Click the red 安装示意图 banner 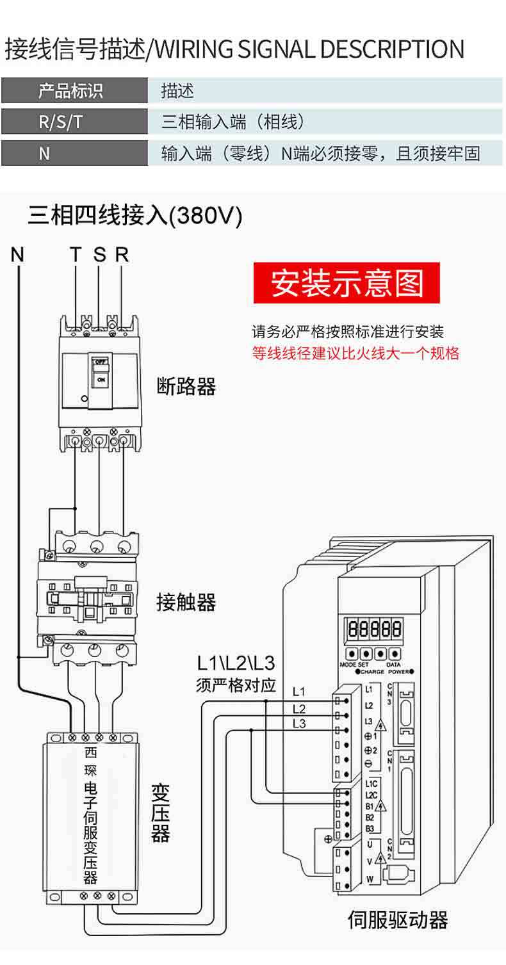(x=347, y=282)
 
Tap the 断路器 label (x=186, y=387)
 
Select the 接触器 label (x=186, y=602)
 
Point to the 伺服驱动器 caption (x=397, y=920)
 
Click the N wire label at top (x=17, y=255)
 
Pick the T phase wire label (x=76, y=255)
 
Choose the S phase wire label (x=99, y=255)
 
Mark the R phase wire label (x=122, y=255)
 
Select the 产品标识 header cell (x=70, y=91)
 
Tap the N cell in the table (x=44, y=154)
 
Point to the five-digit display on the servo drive (x=375, y=628)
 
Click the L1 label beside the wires (x=298, y=692)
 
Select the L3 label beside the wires (x=298, y=724)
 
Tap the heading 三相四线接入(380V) (x=135, y=216)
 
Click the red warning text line (x=355, y=353)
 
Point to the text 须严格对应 (x=236, y=685)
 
